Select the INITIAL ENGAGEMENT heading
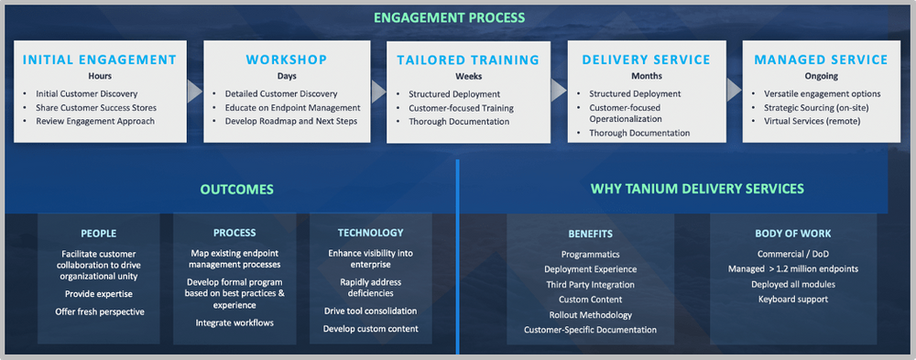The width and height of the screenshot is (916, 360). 99,60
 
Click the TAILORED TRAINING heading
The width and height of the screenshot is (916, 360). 467,60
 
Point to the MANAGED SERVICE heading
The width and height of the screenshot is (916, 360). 821,60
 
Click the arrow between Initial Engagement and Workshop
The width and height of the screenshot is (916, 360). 193,91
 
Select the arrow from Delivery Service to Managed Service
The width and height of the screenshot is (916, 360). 733,91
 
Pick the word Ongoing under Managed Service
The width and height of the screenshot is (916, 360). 821,76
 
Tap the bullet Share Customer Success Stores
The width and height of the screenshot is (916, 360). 95,107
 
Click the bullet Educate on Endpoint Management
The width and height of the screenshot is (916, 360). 286,107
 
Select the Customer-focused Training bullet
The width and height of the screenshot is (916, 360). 461,108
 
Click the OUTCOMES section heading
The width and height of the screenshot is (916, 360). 236,190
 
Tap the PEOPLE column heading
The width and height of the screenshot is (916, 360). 98,234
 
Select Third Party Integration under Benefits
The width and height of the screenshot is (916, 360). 590,284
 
